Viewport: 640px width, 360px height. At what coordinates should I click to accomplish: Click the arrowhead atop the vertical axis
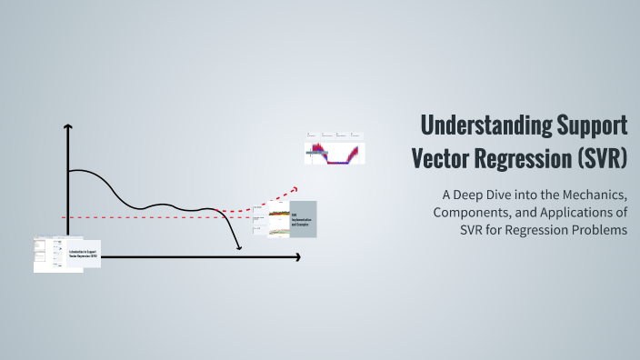point(67,128)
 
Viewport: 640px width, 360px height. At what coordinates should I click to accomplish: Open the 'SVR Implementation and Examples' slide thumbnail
point(303,219)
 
